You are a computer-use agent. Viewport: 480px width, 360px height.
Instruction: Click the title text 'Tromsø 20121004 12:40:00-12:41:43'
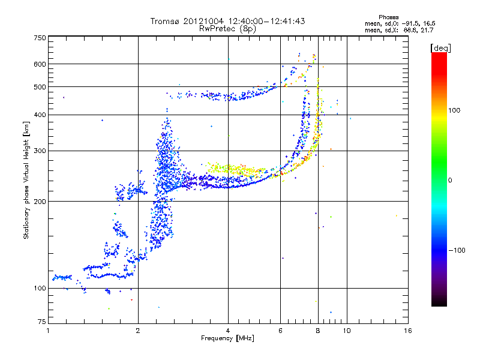[x=227, y=21]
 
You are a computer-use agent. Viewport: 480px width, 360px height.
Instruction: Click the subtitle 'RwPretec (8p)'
[x=227, y=28]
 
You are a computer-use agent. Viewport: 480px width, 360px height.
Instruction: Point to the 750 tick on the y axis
[x=40, y=38]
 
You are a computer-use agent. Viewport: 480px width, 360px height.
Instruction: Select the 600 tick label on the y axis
[x=40, y=64]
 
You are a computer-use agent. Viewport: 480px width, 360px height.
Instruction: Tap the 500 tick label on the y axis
[x=40, y=87]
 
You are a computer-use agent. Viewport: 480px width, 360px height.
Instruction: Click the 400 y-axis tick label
[x=40, y=115]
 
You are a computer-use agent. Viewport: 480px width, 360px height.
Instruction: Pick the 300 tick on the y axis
[x=40, y=151]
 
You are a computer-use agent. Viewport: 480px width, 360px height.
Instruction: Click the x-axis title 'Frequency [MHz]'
[x=227, y=338]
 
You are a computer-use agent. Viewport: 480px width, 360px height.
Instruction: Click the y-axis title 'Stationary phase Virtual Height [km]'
[x=26, y=180]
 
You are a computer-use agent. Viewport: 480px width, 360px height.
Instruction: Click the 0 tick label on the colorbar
[x=451, y=180]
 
